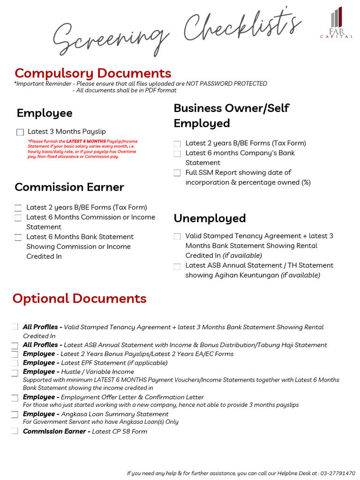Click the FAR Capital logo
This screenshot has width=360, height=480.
[x=336, y=22]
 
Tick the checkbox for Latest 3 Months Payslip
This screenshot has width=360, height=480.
[x=20, y=132]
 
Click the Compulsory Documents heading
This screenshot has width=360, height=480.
[x=93, y=73]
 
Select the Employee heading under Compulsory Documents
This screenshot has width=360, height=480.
[x=45, y=113]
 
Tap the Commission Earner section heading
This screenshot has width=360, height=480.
[x=69, y=187]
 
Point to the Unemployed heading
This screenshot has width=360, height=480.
[x=210, y=218]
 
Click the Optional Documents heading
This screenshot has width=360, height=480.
[x=79, y=299]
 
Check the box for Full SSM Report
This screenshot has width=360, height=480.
[x=177, y=173]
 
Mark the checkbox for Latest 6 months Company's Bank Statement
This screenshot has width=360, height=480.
[x=177, y=153]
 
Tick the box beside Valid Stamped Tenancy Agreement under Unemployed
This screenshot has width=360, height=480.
[x=177, y=237]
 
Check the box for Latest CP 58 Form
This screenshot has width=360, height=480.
[x=15, y=431]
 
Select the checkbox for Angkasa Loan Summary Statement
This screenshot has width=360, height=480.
[x=15, y=414]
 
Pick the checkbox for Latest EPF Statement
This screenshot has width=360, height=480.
[x=15, y=363]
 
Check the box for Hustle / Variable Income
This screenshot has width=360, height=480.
[x=15, y=372]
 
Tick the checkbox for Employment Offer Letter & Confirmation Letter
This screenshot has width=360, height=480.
[x=15, y=397]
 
